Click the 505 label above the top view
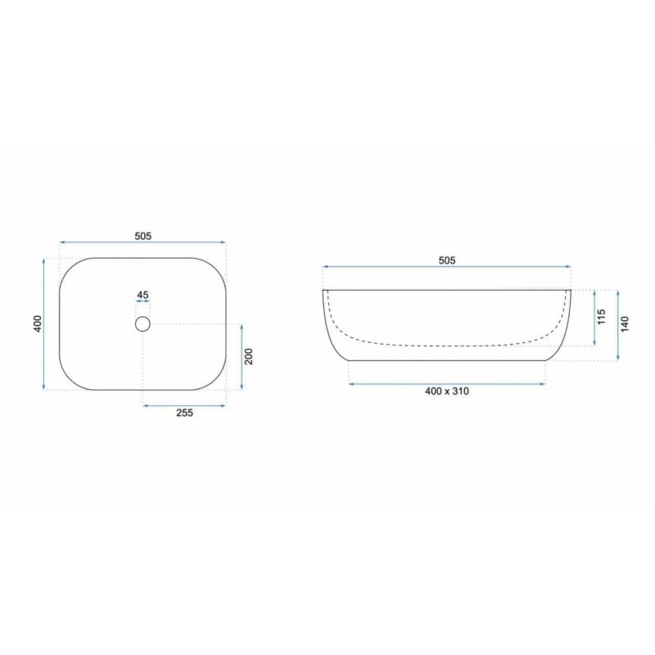coord(143,236)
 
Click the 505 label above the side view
coord(446,260)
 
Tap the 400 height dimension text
coord(36,324)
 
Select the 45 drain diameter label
coord(142,295)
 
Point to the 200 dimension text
coord(250,357)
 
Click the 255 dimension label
coord(184,413)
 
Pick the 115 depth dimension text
coord(601,318)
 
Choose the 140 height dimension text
coord(626,324)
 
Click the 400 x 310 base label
coord(447,391)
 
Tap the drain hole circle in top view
coord(142,324)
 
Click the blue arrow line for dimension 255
coord(184,404)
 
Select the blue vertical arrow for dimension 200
coord(242,357)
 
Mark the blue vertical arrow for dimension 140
coord(618,324)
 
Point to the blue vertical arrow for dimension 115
coord(593,318)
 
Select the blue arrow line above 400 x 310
coord(447,383)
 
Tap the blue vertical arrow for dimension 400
coord(44,324)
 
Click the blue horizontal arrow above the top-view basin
coord(143,242)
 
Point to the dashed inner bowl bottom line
coord(447,345)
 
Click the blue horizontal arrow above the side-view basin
coord(446,267)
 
